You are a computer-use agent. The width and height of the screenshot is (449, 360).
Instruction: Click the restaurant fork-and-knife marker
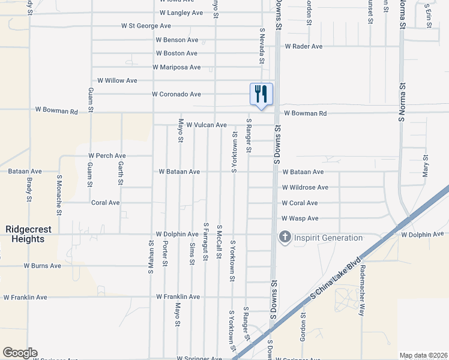click(x=261, y=94)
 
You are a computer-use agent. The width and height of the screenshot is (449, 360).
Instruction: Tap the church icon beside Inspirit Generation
click(x=284, y=238)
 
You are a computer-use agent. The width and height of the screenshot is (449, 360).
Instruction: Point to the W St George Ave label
click(x=146, y=26)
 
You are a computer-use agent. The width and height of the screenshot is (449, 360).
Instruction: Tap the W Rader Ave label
click(x=303, y=46)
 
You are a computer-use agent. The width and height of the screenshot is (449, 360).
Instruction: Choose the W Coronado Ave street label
click(x=176, y=94)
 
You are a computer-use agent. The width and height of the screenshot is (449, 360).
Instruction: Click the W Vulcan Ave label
click(x=206, y=125)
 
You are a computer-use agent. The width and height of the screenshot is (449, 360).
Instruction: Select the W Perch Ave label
click(x=107, y=155)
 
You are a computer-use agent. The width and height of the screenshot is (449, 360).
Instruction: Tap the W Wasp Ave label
click(x=300, y=218)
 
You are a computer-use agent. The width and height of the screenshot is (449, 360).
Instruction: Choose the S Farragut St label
click(x=205, y=241)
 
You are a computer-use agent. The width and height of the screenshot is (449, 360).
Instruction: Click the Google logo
click(x=20, y=353)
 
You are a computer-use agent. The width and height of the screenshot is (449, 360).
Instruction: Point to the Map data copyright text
click(x=423, y=355)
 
